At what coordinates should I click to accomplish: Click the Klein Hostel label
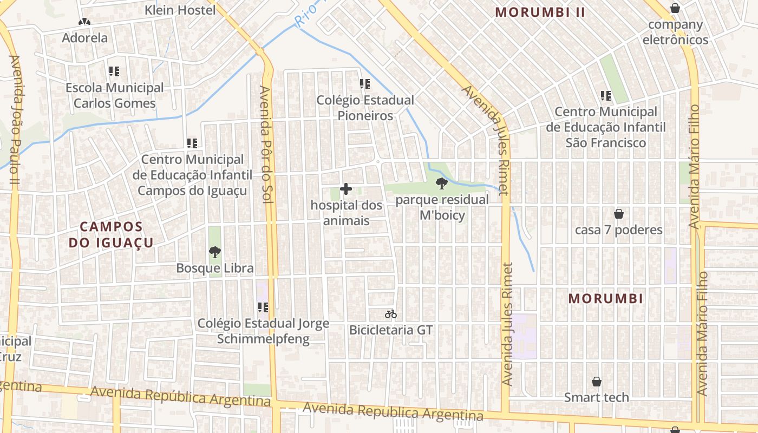(x=180, y=10)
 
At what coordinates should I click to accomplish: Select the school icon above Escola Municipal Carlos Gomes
(x=114, y=71)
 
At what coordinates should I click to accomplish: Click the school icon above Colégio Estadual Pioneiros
(x=365, y=84)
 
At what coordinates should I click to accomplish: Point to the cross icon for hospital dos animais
(x=346, y=189)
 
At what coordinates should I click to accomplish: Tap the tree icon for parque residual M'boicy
(x=442, y=183)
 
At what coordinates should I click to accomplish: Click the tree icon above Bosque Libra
(x=215, y=252)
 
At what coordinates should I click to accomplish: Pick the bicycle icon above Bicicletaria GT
(x=391, y=314)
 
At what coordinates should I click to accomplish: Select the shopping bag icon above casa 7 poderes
(x=618, y=214)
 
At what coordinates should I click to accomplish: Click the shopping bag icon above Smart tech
(x=597, y=382)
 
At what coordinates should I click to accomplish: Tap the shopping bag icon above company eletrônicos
(x=675, y=8)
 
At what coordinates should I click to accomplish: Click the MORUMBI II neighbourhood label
(x=540, y=12)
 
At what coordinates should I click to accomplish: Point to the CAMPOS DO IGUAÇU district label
(x=111, y=234)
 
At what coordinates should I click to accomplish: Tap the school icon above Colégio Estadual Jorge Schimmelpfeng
(x=263, y=307)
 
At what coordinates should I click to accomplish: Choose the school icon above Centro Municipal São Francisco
(x=606, y=96)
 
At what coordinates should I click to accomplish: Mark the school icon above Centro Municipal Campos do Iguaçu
(x=192, y=143)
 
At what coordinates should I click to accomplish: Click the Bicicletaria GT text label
(x=391, y=330)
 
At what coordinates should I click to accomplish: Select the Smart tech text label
(x=597, y=397)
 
